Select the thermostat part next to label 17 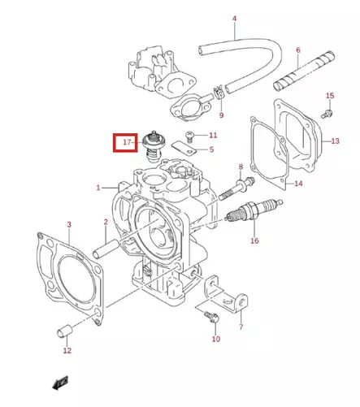(152, 147)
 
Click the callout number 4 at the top (234, 18)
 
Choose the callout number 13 (336, 141)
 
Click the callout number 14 (298, 184)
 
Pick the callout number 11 (213, 135)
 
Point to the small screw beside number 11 (190, 134)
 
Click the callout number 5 (211, 149)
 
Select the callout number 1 (99, 187)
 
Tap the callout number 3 (68, 223)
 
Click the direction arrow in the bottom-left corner (58, 382)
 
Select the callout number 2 (105, 221)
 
